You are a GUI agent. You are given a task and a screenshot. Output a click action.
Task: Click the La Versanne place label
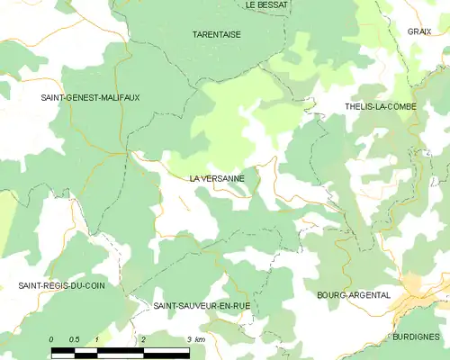click(217, 178)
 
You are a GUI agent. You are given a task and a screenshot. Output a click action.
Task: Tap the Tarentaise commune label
click(216, 34)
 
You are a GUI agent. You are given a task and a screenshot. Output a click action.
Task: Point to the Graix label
click(418, 31)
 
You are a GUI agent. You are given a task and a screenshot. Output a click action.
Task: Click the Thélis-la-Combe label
click(379, 106)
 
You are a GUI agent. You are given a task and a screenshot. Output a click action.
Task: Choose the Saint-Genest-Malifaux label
click(89, 96)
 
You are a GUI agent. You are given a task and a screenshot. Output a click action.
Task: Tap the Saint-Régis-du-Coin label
click(61, 285)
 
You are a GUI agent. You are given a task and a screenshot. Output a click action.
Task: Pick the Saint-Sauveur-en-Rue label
click(202, 306)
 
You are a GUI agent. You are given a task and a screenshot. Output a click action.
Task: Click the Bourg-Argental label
click(354, 294)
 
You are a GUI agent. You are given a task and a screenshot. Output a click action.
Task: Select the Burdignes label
click(416, 336)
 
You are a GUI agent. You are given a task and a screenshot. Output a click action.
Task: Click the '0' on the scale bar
click(51, 338)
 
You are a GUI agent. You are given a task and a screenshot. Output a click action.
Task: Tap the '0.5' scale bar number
click(74, 338)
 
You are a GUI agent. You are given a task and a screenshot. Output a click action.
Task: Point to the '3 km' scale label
click(195, 338)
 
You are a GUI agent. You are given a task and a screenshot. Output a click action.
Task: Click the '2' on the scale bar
click(143, 338)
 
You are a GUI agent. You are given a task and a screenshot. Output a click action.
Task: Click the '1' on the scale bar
click(96, 338)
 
